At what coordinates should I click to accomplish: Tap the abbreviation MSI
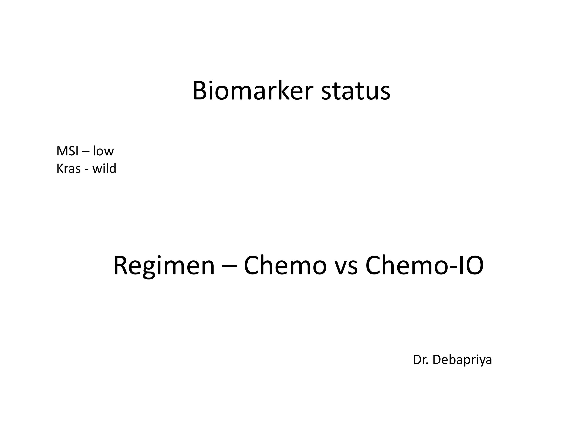[x=67, y=151]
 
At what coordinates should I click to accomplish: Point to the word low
[x=103, y=151]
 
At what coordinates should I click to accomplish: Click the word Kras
[x=69, y=169]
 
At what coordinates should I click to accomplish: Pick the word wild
[x=104, y=168]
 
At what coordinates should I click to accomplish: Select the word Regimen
[x=164, y=267]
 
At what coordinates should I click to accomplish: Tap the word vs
[x=346, y=268]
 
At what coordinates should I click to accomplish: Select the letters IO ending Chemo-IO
[x=470, y=266]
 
